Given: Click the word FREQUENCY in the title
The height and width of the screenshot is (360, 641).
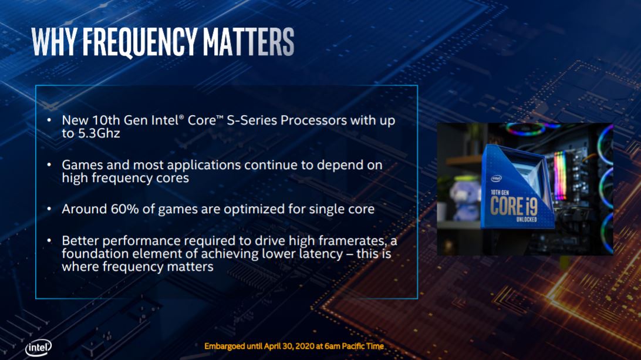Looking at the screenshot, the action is click(x=140, y=42).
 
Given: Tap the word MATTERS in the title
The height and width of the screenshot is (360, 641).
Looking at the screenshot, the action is click(x=248, y=42).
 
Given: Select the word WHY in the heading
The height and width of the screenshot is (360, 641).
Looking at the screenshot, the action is click(x=55, y=42).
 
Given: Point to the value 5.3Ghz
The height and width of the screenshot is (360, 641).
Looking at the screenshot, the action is click(x=99, y=133).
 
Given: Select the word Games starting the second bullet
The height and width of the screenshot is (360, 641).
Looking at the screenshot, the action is click(x=83, y=165).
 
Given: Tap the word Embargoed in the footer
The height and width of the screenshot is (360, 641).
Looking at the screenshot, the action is click(x=224, y=346).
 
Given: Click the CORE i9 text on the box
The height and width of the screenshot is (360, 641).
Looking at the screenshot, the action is click(x=514, y=206).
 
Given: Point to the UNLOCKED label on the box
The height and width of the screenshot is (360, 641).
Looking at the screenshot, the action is click(x=527, y=220).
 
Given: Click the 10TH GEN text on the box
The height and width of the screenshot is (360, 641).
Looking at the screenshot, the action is click(x=500, y=192).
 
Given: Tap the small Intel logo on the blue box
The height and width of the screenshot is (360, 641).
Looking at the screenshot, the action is click(x=496, y=179).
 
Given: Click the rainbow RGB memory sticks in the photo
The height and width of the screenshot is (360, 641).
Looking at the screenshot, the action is click(x=560, y=176).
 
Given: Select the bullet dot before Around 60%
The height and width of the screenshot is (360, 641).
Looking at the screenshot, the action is click(x=49, y=209).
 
